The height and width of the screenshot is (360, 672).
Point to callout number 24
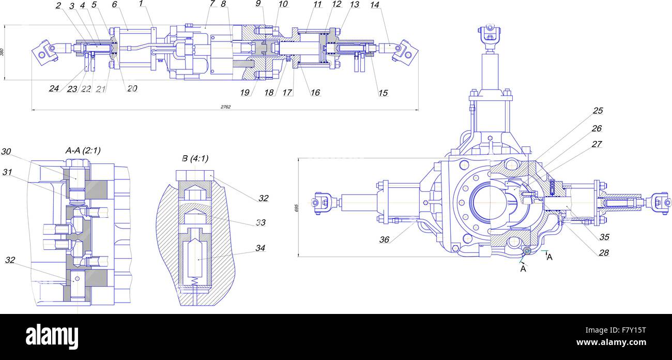54,88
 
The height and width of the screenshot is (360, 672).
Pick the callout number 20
132,88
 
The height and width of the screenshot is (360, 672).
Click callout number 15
383,93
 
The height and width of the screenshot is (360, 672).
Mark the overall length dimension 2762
225,107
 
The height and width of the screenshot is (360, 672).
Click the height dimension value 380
3,52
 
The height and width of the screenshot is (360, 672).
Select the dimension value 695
297,207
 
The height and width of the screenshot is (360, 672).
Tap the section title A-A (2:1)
83,151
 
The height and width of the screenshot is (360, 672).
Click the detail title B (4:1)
195,158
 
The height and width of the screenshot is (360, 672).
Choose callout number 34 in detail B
261,248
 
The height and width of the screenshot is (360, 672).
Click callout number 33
261,222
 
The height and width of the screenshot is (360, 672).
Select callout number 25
598,111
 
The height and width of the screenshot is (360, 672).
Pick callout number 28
604,253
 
